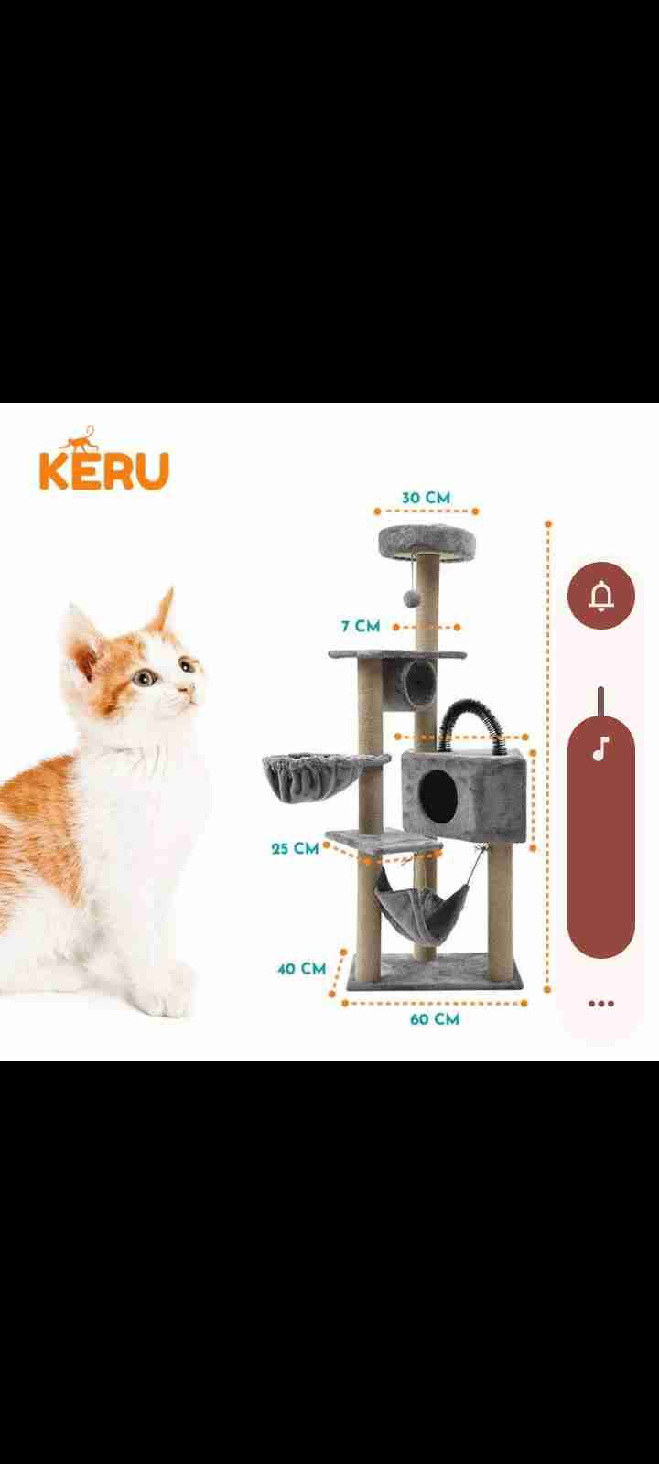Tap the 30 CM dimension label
point(427,498)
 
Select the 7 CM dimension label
point(361,626)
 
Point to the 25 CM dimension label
point(295,848)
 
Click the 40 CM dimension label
point(301,969)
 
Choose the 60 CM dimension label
point(435,1019)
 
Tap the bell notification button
point(600,596)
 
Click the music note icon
point(601,749)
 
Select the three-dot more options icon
point(600,1004)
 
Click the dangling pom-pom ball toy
point(411,598)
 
